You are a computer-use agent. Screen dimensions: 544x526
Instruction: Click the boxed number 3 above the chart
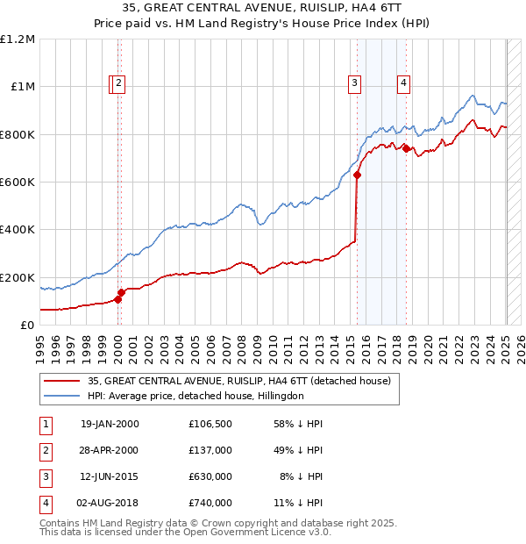pyautogui.click(x=354, y=83)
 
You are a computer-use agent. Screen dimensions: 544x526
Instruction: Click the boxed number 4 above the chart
pyautogui.click(x=403, y=83)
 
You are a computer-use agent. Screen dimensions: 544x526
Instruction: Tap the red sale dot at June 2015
pyautogui.click(x=358, y=175)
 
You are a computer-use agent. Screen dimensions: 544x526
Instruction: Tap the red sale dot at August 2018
pyautogui.click(x=406, y=149)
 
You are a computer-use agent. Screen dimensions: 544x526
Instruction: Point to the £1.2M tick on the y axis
pyautogui.click(x=18, y=39)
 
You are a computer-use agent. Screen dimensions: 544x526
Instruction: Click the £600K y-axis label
pyautogui.click(x=18, y=183)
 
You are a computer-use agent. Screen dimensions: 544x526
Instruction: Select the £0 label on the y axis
pyautogui.click(x=26, y=326)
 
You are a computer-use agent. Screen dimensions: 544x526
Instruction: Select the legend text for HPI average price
pyautogui.click(x=195, y=397)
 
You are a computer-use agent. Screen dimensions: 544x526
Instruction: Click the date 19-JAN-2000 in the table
pyautogui.click(x=110, y=424)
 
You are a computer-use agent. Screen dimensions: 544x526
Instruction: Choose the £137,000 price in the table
pyautogui.click(x=210, y=450)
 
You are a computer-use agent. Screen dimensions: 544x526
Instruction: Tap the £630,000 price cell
pyautogui.click(x=210, y=476)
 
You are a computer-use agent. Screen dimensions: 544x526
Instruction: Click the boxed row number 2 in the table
pyautogui.click(x=45, y=450)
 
